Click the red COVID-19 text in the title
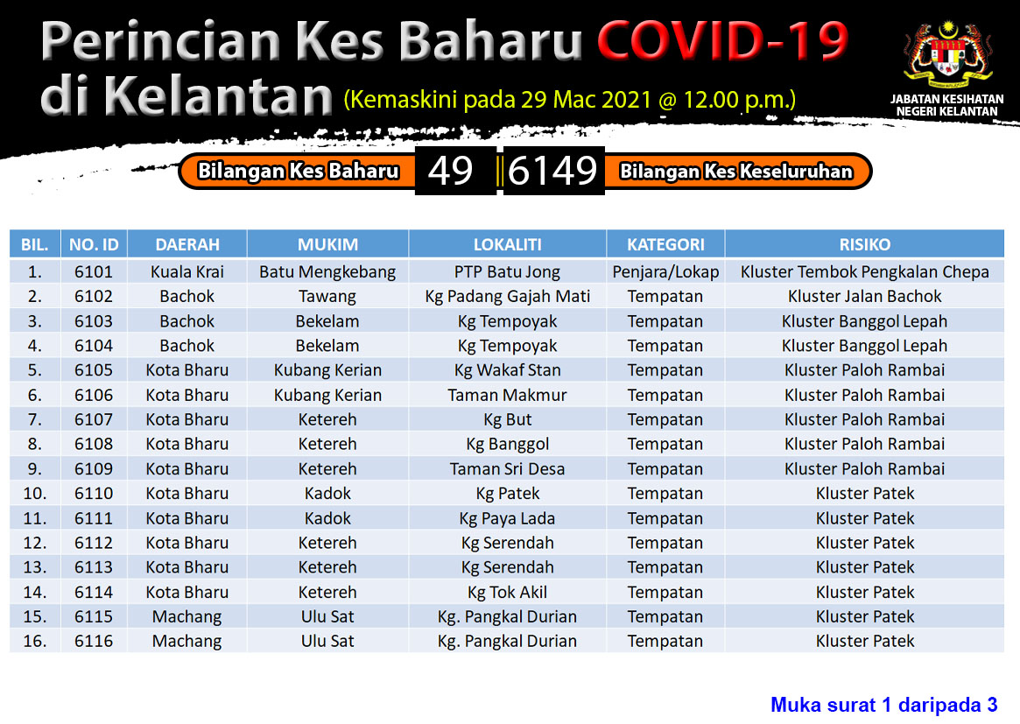(722, 41)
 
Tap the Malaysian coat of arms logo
(947, 56)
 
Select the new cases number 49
(450, 171)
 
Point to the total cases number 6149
(552, 171)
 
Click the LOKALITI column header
(508, 244)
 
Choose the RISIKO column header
(864, 244)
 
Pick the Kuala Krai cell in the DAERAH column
(187, 272)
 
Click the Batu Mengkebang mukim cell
(327, 272)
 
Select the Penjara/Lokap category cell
(665, 272)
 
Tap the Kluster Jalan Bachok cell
(864, 297)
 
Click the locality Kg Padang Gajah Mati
(508, 297)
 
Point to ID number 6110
(94, 494)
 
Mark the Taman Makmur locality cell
(508, 396)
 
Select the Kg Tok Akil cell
(508, 593)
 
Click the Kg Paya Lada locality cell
(508, 518)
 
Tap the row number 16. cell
(34, 642)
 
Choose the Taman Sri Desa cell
(508, 469)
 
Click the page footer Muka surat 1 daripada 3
(884, 705)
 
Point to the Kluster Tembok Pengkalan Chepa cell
(864, 272)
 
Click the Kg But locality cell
(508, 420)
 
